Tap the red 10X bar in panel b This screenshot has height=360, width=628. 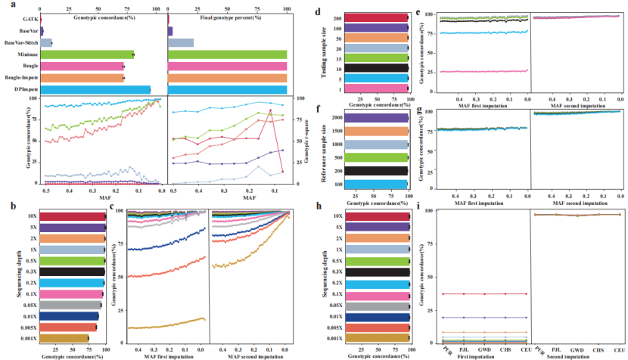(x=73, y=216)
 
